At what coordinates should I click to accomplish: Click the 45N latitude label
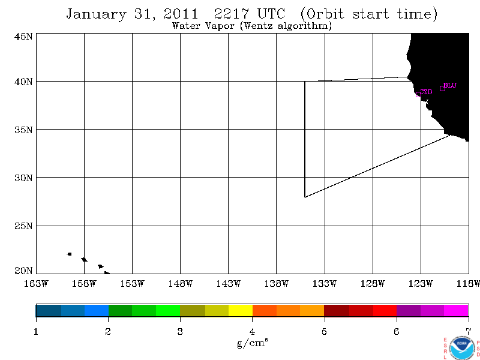(23, 37)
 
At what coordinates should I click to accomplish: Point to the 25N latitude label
(23, 226)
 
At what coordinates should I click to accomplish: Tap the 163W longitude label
(36, 284)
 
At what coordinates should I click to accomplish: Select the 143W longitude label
(228, 284)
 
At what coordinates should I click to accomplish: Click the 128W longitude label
(373, 284)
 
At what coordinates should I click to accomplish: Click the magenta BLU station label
(450, 85)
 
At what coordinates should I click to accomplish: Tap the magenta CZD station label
(426, 92)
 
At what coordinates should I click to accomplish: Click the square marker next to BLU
(442, 88)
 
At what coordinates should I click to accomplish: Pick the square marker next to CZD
(418, 95)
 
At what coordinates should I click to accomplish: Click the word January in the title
(96, 14)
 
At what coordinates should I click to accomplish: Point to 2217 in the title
(232, 14)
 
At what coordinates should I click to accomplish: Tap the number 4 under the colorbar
(252, 332)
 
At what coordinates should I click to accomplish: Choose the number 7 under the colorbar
(469, 332)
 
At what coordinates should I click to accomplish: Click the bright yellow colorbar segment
(241, 311)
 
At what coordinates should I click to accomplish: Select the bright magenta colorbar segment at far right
(456, 311)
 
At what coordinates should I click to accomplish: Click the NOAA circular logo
(462, 348)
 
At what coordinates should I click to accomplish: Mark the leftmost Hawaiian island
(69, 254)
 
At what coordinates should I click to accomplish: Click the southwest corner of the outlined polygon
(305, 197)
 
